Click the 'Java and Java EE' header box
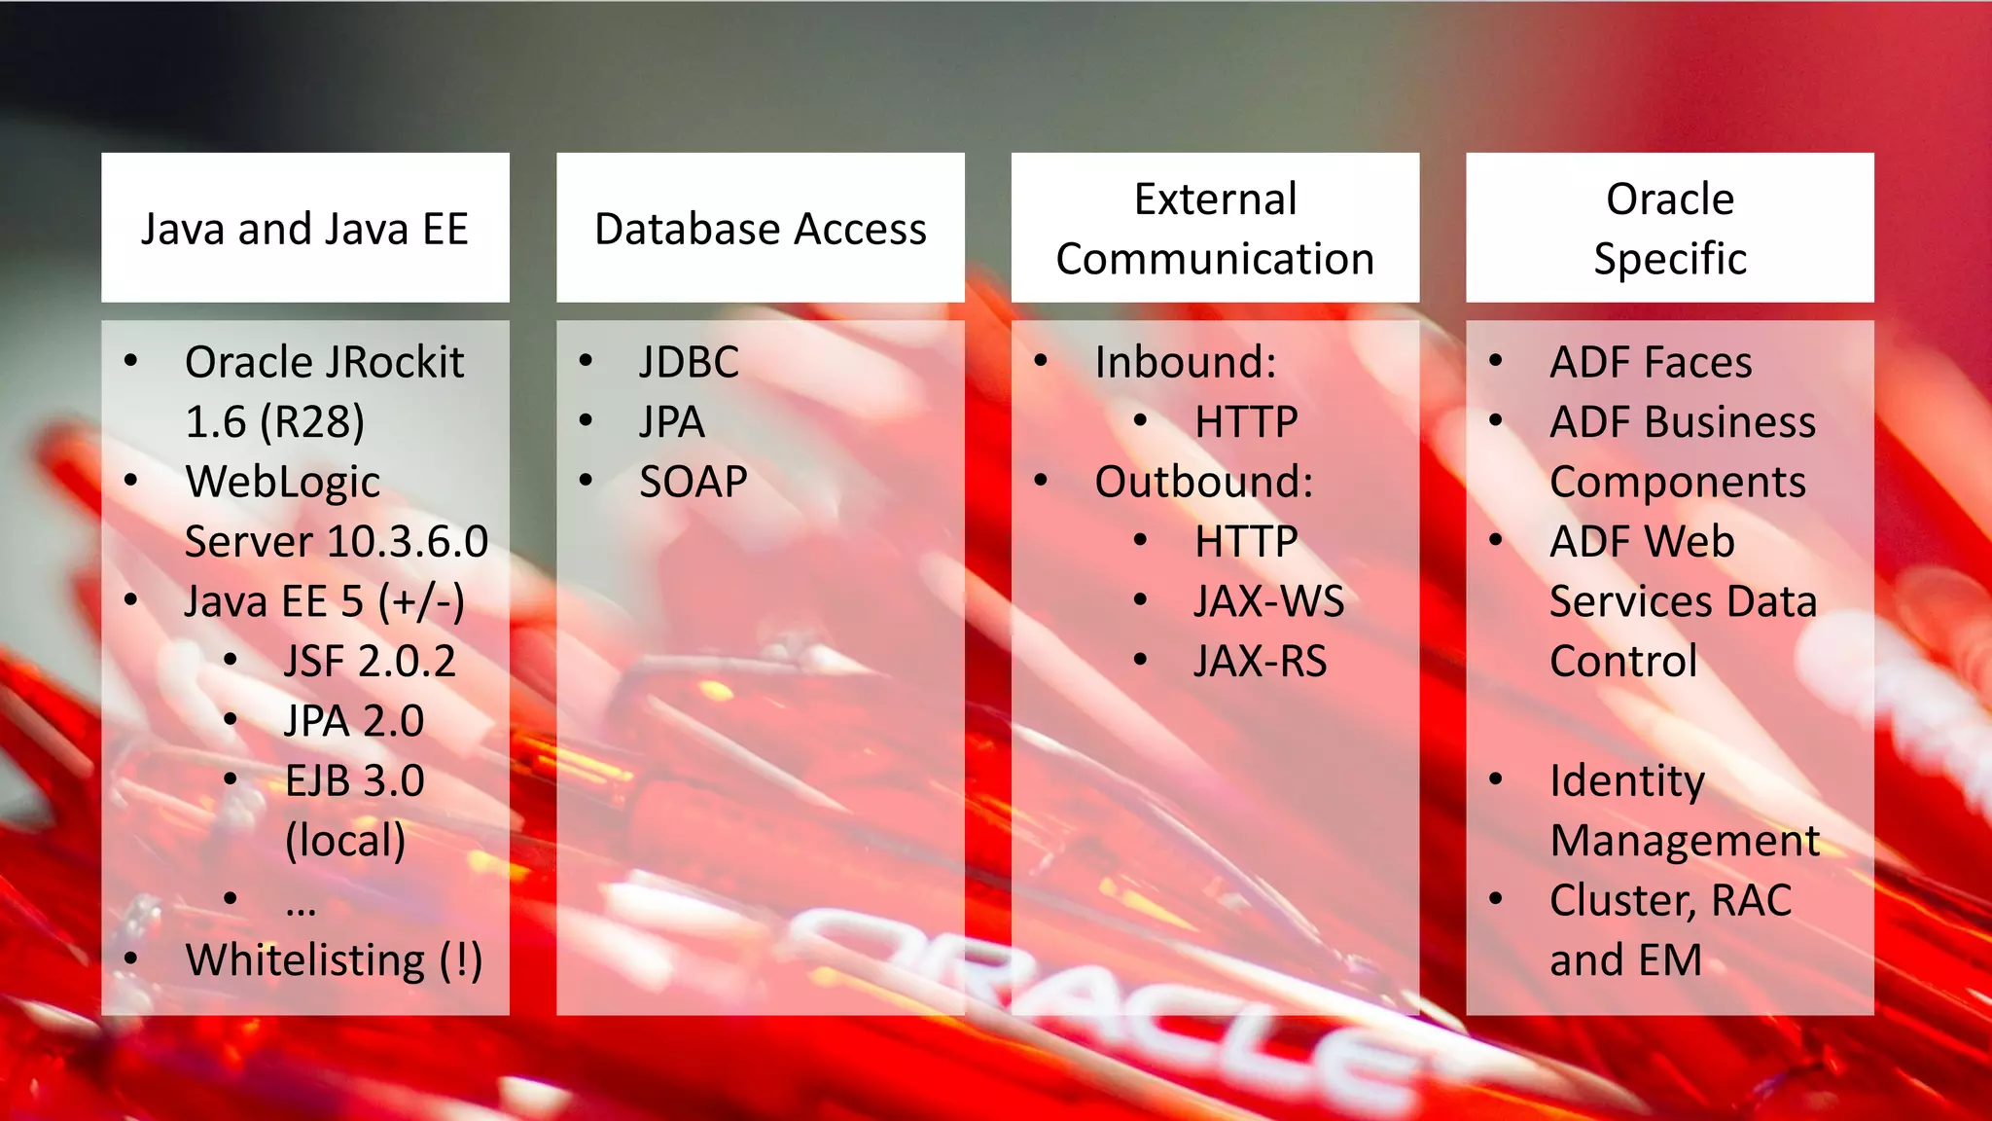point(304,230)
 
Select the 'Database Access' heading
point(760,230)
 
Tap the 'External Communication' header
point(1215,230)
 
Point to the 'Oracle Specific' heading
point(1669,230)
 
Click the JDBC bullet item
point(689,363)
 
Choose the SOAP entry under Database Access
point(693,483)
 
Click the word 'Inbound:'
point(1185,363)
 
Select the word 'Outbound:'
point(1203,483)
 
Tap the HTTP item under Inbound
point(1246,423)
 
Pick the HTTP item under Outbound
point(1246,542)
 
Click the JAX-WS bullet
point(1269,602)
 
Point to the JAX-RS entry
point(1260,662)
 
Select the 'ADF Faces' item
point(1651,363)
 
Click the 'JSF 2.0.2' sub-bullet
point(370,662)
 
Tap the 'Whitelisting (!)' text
point(334,960)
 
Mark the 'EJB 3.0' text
point(354,781)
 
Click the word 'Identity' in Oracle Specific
point(1626,781)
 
